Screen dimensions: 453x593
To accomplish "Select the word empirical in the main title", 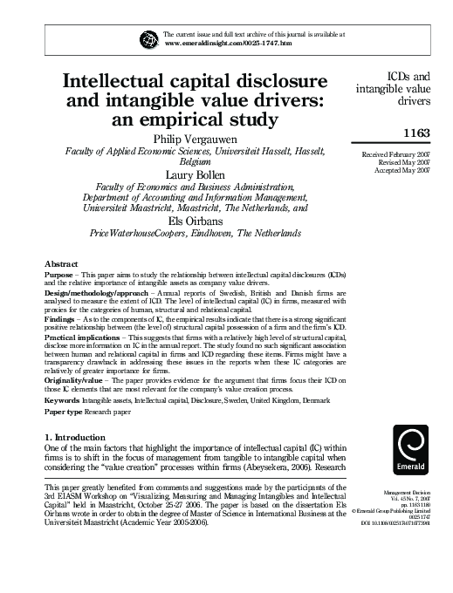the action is tap(199, 120).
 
